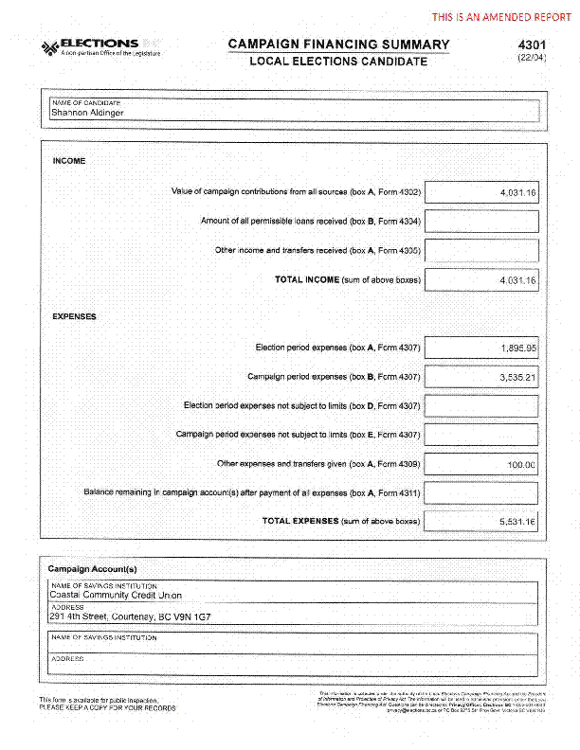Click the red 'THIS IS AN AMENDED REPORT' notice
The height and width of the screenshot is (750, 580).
point(501,17)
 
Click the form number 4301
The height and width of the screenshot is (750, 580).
point(532,45)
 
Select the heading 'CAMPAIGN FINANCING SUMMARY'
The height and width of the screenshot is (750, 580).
point(338,45)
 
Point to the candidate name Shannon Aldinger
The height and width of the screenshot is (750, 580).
point(87,113)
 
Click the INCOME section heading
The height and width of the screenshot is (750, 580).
point(69,161)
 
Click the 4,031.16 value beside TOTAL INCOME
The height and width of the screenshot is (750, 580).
point(482,280)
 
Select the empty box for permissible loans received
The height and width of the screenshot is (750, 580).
point(482,222)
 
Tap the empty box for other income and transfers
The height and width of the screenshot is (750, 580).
point(482,251)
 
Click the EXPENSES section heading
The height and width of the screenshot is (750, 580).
point(74,316)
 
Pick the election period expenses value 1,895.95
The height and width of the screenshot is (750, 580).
point(482,348)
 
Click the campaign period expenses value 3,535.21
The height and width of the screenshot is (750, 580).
point(482,377)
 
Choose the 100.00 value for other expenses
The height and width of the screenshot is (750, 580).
point(482,464)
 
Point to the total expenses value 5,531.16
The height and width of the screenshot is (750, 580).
point(482,522)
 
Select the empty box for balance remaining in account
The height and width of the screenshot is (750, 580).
point(482,493)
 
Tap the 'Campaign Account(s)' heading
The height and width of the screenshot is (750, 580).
point(93,568)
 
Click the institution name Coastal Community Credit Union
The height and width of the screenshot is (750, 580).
point(116,596)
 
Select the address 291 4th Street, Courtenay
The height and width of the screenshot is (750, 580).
point(130,616)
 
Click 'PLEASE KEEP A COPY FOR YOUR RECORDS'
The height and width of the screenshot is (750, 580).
point(107,707)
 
